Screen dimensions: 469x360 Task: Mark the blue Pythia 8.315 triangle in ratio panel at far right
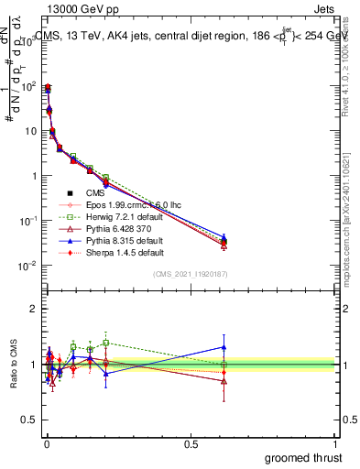pos(224,346)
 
